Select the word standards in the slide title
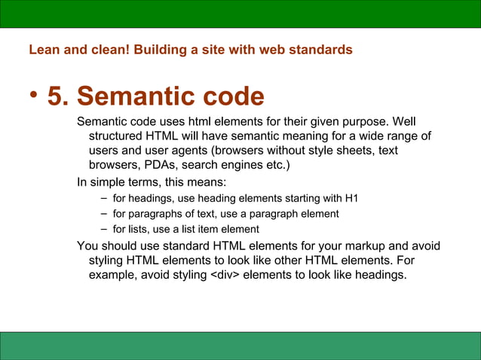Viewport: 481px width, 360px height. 321,50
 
